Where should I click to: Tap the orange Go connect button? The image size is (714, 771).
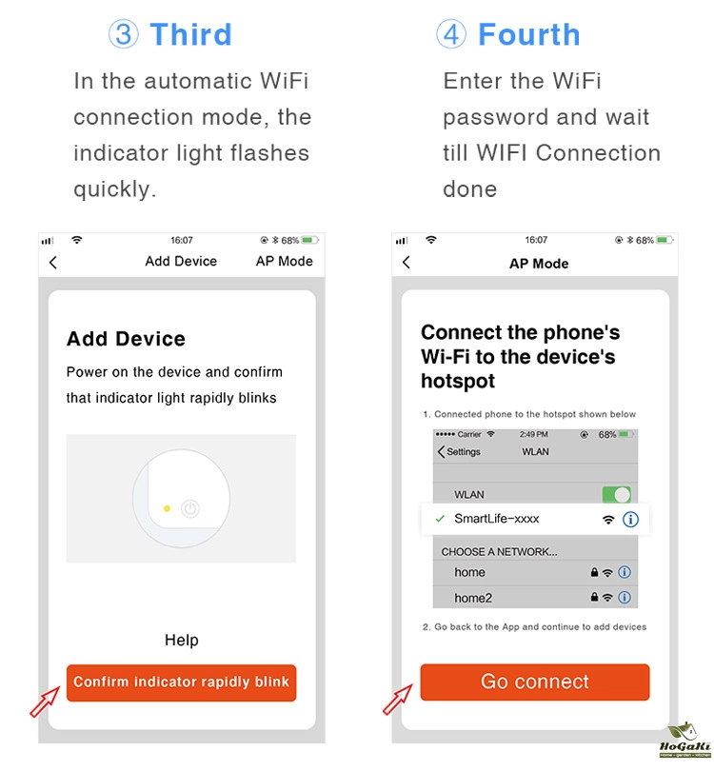point(534,682)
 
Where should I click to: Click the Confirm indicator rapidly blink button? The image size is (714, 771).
point(182,682)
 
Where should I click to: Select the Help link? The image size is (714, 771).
point(182,640)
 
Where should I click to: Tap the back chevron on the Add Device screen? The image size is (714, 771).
point(53,262)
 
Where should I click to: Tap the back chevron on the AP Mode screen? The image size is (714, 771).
point(407,262)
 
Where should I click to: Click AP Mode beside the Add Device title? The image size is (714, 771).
point(285,261)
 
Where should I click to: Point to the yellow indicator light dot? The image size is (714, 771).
point(167,508)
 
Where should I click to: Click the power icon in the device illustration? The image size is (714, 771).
point(190,508)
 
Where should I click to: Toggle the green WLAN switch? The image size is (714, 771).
point(617,494)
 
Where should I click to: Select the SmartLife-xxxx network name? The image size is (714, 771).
point(497,519)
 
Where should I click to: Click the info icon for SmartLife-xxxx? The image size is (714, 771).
point(630,520)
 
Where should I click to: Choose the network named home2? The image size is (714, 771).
point(473,598)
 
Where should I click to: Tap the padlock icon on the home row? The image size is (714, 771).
point(594,572)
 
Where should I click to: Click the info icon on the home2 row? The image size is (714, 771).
point(625,598)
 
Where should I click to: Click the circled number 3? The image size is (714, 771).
point(124,34)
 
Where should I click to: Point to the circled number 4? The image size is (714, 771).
point(451,34)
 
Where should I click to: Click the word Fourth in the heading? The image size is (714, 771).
point(529,34)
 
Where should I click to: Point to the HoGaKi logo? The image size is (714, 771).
point(685,740)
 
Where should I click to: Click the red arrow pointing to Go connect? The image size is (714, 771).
point(397,700)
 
